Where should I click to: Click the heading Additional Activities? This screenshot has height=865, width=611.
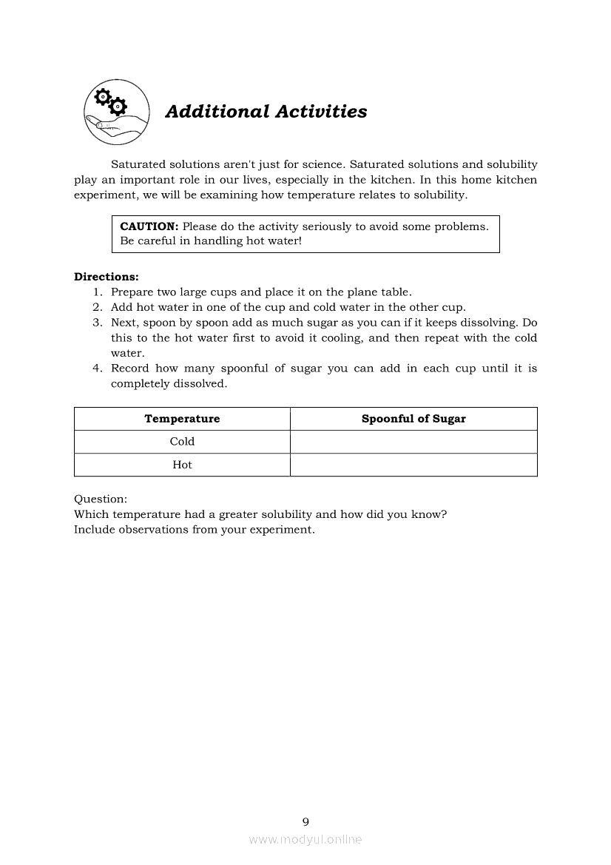tap(266, 112)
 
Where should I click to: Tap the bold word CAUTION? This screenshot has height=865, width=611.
tap(149, 226)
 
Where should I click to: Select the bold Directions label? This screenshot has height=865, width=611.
tap(106, 277)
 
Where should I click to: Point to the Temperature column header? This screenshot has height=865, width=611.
tap(182, 419)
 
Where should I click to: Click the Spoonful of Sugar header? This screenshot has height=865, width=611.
tap(413, 419)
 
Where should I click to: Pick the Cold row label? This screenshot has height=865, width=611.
tap(182, 442)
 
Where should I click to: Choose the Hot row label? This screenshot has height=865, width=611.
tap(182, 465)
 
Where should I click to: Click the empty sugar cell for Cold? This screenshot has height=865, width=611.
tap(413, 442)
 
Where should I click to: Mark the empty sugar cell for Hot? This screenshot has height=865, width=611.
tap(413, 465)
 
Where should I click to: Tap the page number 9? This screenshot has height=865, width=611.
tap(305, 821)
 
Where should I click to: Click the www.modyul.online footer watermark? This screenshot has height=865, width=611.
tap(305, 840)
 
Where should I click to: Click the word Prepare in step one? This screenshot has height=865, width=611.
tap(132, 293)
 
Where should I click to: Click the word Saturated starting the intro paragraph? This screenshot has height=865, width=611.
tap(138, 164)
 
